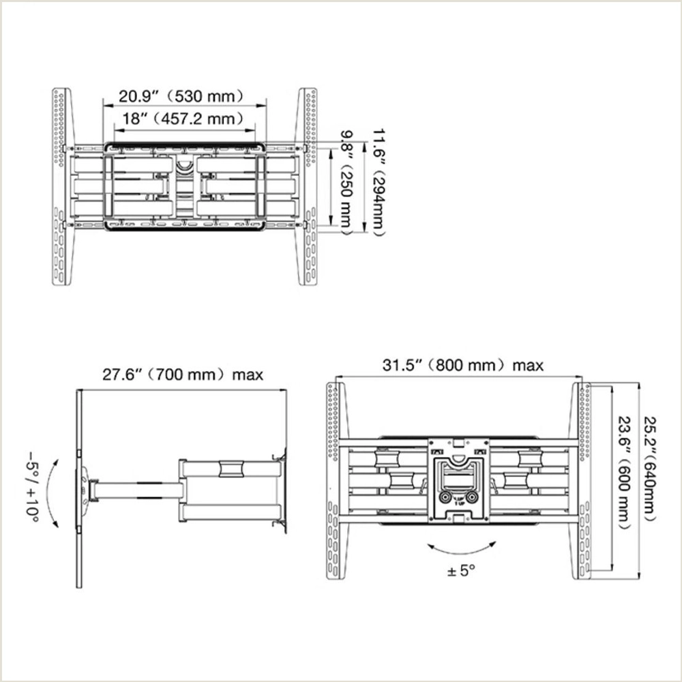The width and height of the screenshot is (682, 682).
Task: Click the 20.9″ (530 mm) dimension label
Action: [182, 96]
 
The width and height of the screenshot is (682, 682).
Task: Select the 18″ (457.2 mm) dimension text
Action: [182, 119]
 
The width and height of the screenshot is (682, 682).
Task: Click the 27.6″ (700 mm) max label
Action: [182, 374]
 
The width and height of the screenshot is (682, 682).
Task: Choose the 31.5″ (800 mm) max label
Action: [462, 366]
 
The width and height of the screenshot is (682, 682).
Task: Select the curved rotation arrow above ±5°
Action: [461, 548]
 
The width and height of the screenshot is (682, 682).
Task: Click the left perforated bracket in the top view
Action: [61, 188]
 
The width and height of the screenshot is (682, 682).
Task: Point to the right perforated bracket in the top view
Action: [308, 188]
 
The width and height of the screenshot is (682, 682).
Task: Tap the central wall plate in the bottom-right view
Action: [458, 481]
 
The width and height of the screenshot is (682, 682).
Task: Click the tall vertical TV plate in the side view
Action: [79, 488]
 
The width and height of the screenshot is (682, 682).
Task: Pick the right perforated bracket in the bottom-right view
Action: [584, 481]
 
